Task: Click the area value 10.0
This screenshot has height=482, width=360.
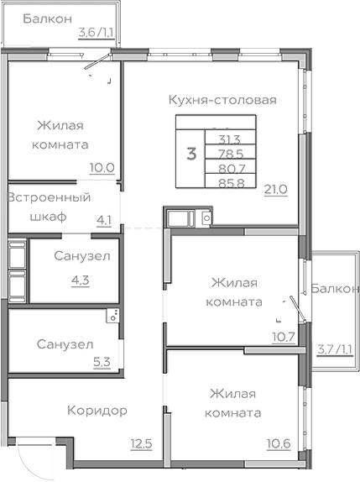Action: pyautogui.click(x=102, y=166)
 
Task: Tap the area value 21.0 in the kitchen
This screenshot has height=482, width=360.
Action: pyautogui.click(x=276, y=189)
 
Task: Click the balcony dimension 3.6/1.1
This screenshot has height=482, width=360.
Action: pyautogui.click(x=95, y=33)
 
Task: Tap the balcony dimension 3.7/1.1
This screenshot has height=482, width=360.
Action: pyautogui.click(x=333, y=348)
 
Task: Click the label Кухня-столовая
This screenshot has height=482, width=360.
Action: pyautogui.click(x=222, y=100)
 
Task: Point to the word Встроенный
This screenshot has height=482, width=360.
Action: pyautogui.click(x=49, y=198)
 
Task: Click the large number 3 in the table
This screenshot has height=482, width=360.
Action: pyautogui.click(x=191, y=154)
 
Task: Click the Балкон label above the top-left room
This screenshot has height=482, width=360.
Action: pyautogui.click(x=47, y=18)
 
